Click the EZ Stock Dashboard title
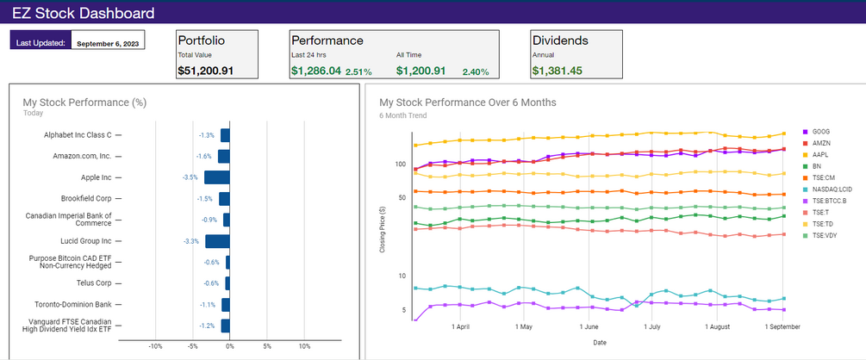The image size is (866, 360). (x=84, y=13)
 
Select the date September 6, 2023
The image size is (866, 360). (x=109, y=42)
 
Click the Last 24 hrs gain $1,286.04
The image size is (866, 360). (x=315, y=71)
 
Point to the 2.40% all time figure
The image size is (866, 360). (x=476, y=71)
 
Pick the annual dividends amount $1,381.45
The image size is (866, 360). (x=557, y=71)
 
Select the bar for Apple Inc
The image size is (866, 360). (x=217, y=177)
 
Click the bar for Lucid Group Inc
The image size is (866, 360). (x=218, y=241)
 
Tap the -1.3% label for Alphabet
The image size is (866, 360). (x=206, y=135)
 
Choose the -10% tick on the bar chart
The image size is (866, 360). (x=155, y=346)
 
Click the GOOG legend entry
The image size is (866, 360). (x=819, y=132)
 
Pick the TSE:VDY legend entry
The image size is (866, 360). (x=826, y=235)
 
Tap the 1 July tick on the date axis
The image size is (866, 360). (x=653, y=327)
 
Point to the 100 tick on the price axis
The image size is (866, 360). (x=400, y=164)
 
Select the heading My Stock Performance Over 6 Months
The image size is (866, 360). (x=468, y=102)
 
